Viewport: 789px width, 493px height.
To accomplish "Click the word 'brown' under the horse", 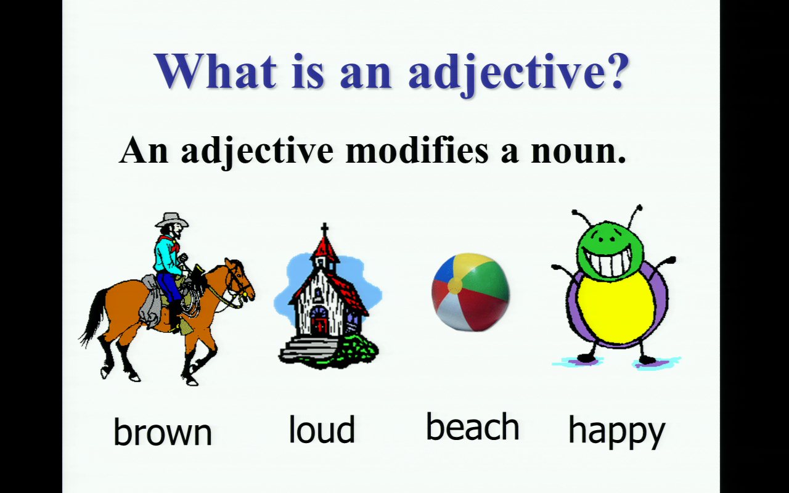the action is click(x=163, y=432).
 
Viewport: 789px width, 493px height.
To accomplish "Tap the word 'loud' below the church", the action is click(x=322, y=429).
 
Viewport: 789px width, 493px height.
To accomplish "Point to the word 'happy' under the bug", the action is click(x=616, y=433).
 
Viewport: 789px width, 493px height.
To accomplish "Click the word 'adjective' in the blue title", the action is click(x=500, y=73).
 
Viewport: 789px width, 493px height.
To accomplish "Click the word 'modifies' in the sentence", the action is click(x=417, y=149).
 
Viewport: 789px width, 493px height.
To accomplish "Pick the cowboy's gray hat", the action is click(x=171, y=219).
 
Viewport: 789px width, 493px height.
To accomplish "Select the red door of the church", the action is click(x=319, y=326).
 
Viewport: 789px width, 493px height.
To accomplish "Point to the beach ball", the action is click(x=470, y=292).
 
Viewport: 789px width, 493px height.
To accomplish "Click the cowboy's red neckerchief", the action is click(x=167, y=242).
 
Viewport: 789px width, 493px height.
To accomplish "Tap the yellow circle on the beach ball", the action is click(x=455, y=285).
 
